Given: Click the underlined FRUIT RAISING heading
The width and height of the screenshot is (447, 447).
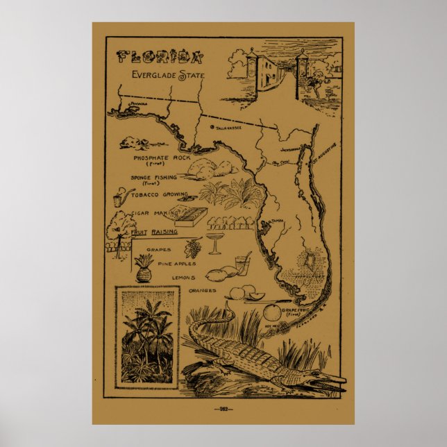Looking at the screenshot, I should (153, 232).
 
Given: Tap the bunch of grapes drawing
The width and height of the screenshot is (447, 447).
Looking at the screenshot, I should (194, 248).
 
